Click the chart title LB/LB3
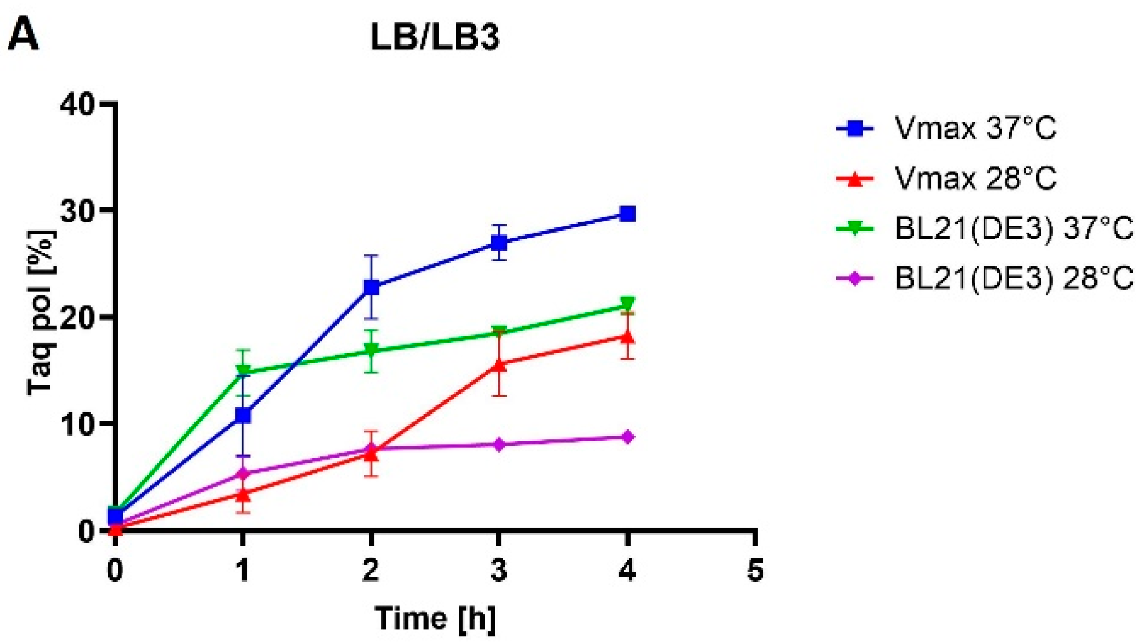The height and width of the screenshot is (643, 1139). tap(435, 38)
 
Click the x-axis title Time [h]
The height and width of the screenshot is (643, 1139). tap(435, 619)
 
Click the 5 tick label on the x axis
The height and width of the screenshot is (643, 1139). tap(755, 571)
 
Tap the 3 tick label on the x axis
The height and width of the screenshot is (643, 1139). tap(499, 571)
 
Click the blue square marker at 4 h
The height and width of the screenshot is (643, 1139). tap(627, 214)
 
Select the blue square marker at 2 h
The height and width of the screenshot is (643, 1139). tap(371, 288)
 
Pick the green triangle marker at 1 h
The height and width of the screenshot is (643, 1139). tap(243, 372)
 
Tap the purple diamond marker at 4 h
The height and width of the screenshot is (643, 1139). tap(627, 437)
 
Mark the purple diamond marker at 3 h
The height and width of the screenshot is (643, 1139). tap(499, 445)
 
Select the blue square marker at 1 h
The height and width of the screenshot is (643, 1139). tap(243, 416)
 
